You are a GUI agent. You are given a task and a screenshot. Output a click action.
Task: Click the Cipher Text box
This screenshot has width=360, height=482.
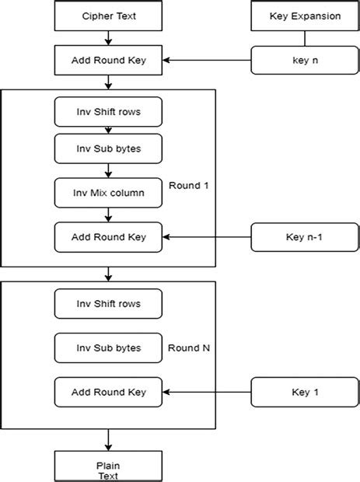108,16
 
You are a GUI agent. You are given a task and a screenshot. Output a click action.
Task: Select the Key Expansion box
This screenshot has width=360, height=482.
295,16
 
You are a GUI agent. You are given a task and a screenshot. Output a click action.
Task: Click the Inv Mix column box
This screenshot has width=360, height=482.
108,192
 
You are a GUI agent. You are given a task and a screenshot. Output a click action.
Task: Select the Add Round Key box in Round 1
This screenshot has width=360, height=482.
108,236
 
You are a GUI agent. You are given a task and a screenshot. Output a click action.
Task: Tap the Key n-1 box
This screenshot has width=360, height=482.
295,236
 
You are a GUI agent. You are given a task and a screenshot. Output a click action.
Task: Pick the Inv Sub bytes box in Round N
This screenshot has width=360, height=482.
108,348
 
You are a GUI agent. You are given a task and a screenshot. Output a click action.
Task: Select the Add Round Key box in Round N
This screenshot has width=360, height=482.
108,392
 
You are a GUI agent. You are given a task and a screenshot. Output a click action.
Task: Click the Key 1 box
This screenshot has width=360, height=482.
295,392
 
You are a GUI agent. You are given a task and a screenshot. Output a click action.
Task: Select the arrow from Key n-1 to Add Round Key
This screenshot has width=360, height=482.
206,236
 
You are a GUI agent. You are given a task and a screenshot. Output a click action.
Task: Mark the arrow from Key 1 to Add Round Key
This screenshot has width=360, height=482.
206,392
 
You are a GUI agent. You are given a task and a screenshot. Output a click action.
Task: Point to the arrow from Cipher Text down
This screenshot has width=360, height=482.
108,37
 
